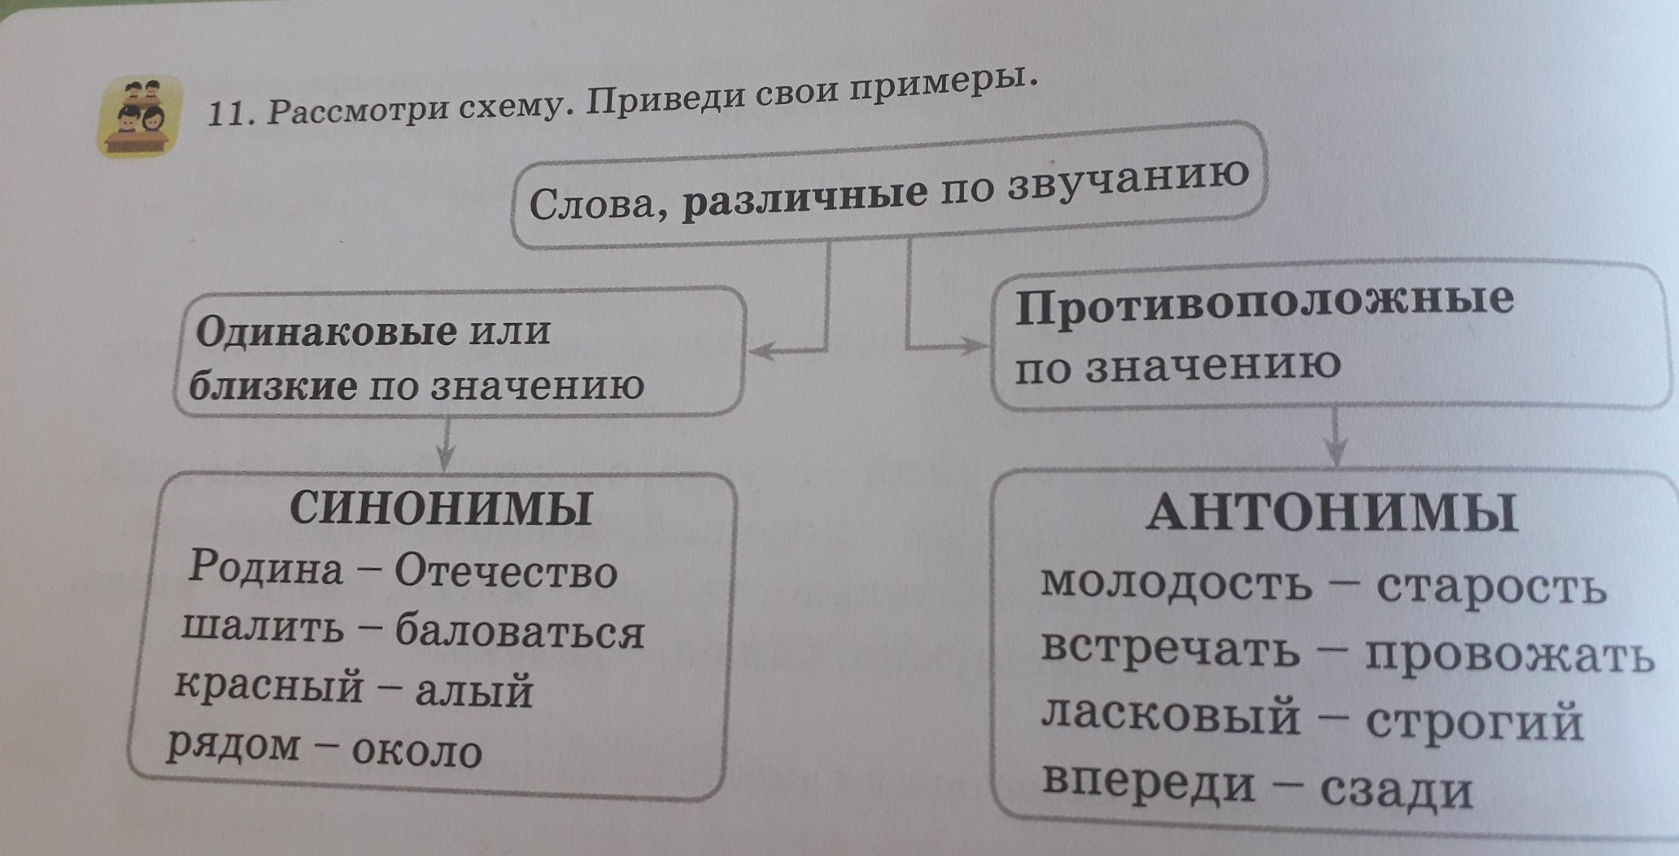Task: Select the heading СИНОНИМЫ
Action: (441, 509)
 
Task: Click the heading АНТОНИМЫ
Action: (1332, 512)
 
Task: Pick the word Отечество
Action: (506, 571)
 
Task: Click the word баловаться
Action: (520, 631)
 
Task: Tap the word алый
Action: (474, 691)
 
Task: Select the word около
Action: (416, 751)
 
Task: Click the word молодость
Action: (1176, 582)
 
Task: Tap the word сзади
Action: (1397, 789)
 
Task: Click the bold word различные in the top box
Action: (805, 198)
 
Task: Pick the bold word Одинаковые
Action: (326, 331)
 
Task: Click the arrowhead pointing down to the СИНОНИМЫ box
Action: (445, 457)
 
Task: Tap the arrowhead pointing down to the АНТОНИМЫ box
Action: (1337, 452)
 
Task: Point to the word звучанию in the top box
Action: (1127, 182)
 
